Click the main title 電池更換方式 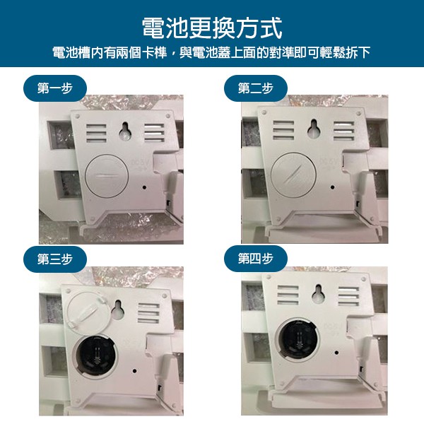[212, 28]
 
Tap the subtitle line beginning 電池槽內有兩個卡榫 [211, 52]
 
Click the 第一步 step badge [55, 88]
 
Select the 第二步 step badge [256, 88]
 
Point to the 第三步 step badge [55, 259]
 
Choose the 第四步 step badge [256, 259]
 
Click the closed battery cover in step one [107, 176]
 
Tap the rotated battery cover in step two [293, 175]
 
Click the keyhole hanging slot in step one [125, 131]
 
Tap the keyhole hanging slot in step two [314, 128]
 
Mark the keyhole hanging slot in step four [318, 294]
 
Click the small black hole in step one [144, 187]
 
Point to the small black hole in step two [332, 187]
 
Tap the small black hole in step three [134, 371]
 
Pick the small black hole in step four [336, 353]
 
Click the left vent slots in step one [96, 134]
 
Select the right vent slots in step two [343, 131]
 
